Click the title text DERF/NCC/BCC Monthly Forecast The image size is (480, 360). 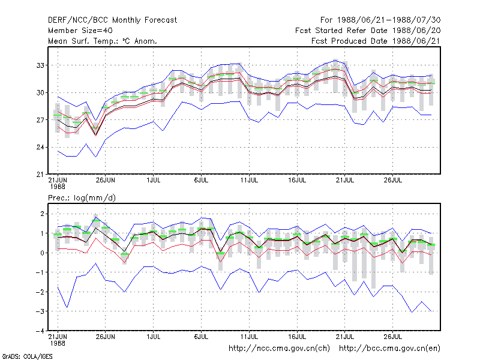pyautogui.click(x=112, y=20)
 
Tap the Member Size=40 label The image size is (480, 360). pyautogui.click(x=80, y=31)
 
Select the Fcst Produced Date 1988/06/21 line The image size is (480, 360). pyautogui.click(x=376, y=41)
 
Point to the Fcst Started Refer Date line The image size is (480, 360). pyautogui.click(x=368, y=31)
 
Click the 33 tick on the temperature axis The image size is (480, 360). pyautogui.click(x=40, y=65)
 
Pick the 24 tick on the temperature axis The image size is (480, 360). pyautogui.click(x=40, y=147)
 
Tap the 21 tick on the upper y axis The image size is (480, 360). pyautogui.click(x=40, y=175)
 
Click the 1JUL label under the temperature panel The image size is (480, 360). pyautogui.click(x=154, y=180)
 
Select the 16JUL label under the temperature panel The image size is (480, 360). pyautogui.click(x=297, y=180)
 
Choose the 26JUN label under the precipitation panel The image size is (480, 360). pyautogui.click(x=106, y=337)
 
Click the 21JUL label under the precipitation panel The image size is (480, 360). pyautogui.click(x=345, y=337)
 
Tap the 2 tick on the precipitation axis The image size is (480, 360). pyautogui.click(x=42, y=214)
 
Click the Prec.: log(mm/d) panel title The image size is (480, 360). pyautogui.click(x=82, y=198)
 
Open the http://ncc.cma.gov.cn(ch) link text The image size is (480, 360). pyautogui.click(x=279, y=349)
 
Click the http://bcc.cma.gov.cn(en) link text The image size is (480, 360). pyautogui.click(x=389, y=349)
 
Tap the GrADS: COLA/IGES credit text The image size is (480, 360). pyautogui.click(x=27, y=356)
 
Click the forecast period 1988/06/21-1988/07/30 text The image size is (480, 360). pyautogui.click(x=389, y=20)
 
